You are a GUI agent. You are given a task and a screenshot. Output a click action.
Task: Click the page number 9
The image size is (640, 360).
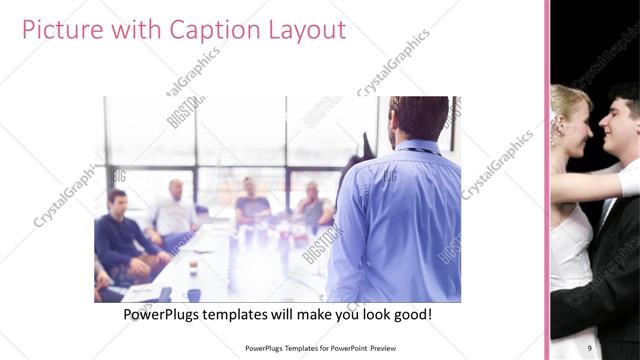click(590, 347)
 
